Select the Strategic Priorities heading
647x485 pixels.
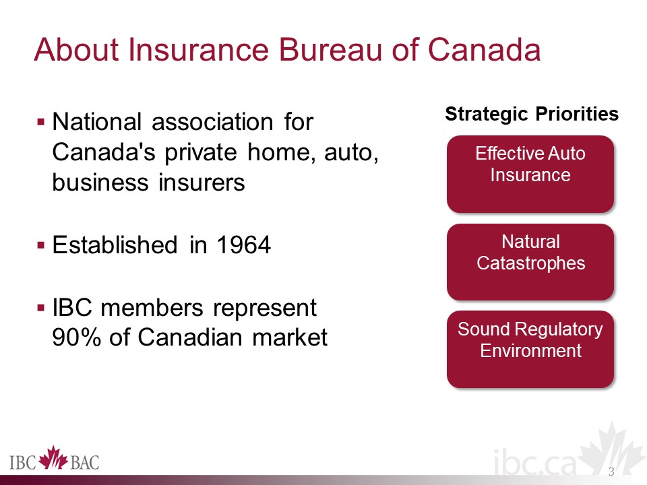(532, 114)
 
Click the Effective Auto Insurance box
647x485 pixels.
(530, 174)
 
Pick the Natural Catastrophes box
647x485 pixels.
(530, 262)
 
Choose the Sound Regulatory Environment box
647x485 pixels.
(530, 350)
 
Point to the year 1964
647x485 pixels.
(244, 245)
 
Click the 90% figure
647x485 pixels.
(77, 337)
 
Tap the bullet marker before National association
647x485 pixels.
(40, 122)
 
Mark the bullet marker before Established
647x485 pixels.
(40, 245)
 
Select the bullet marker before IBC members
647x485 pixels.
(40, 308)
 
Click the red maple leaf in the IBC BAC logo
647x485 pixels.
(53, 458)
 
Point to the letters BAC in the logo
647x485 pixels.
(85, 462)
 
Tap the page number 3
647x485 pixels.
(611, 472)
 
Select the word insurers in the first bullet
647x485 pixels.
(202, 183)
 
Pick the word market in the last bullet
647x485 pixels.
(290, 337)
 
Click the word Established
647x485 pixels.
(115, 245)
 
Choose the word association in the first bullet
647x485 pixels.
(212, 122)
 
